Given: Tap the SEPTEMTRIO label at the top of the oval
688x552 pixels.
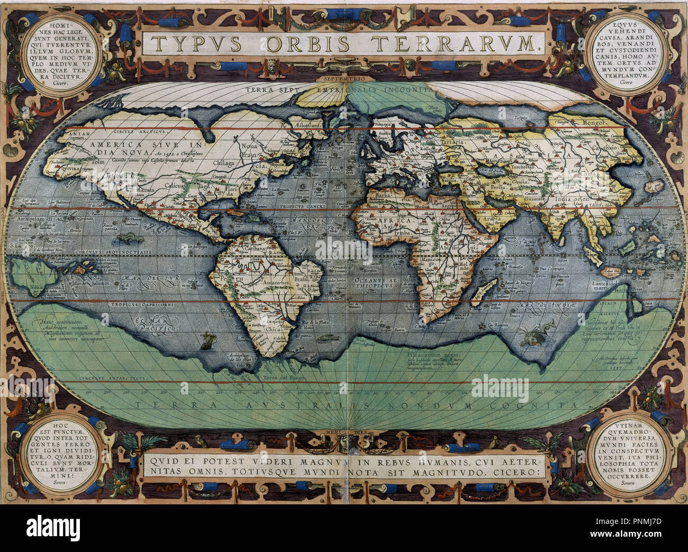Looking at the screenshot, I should click(343, 78).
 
